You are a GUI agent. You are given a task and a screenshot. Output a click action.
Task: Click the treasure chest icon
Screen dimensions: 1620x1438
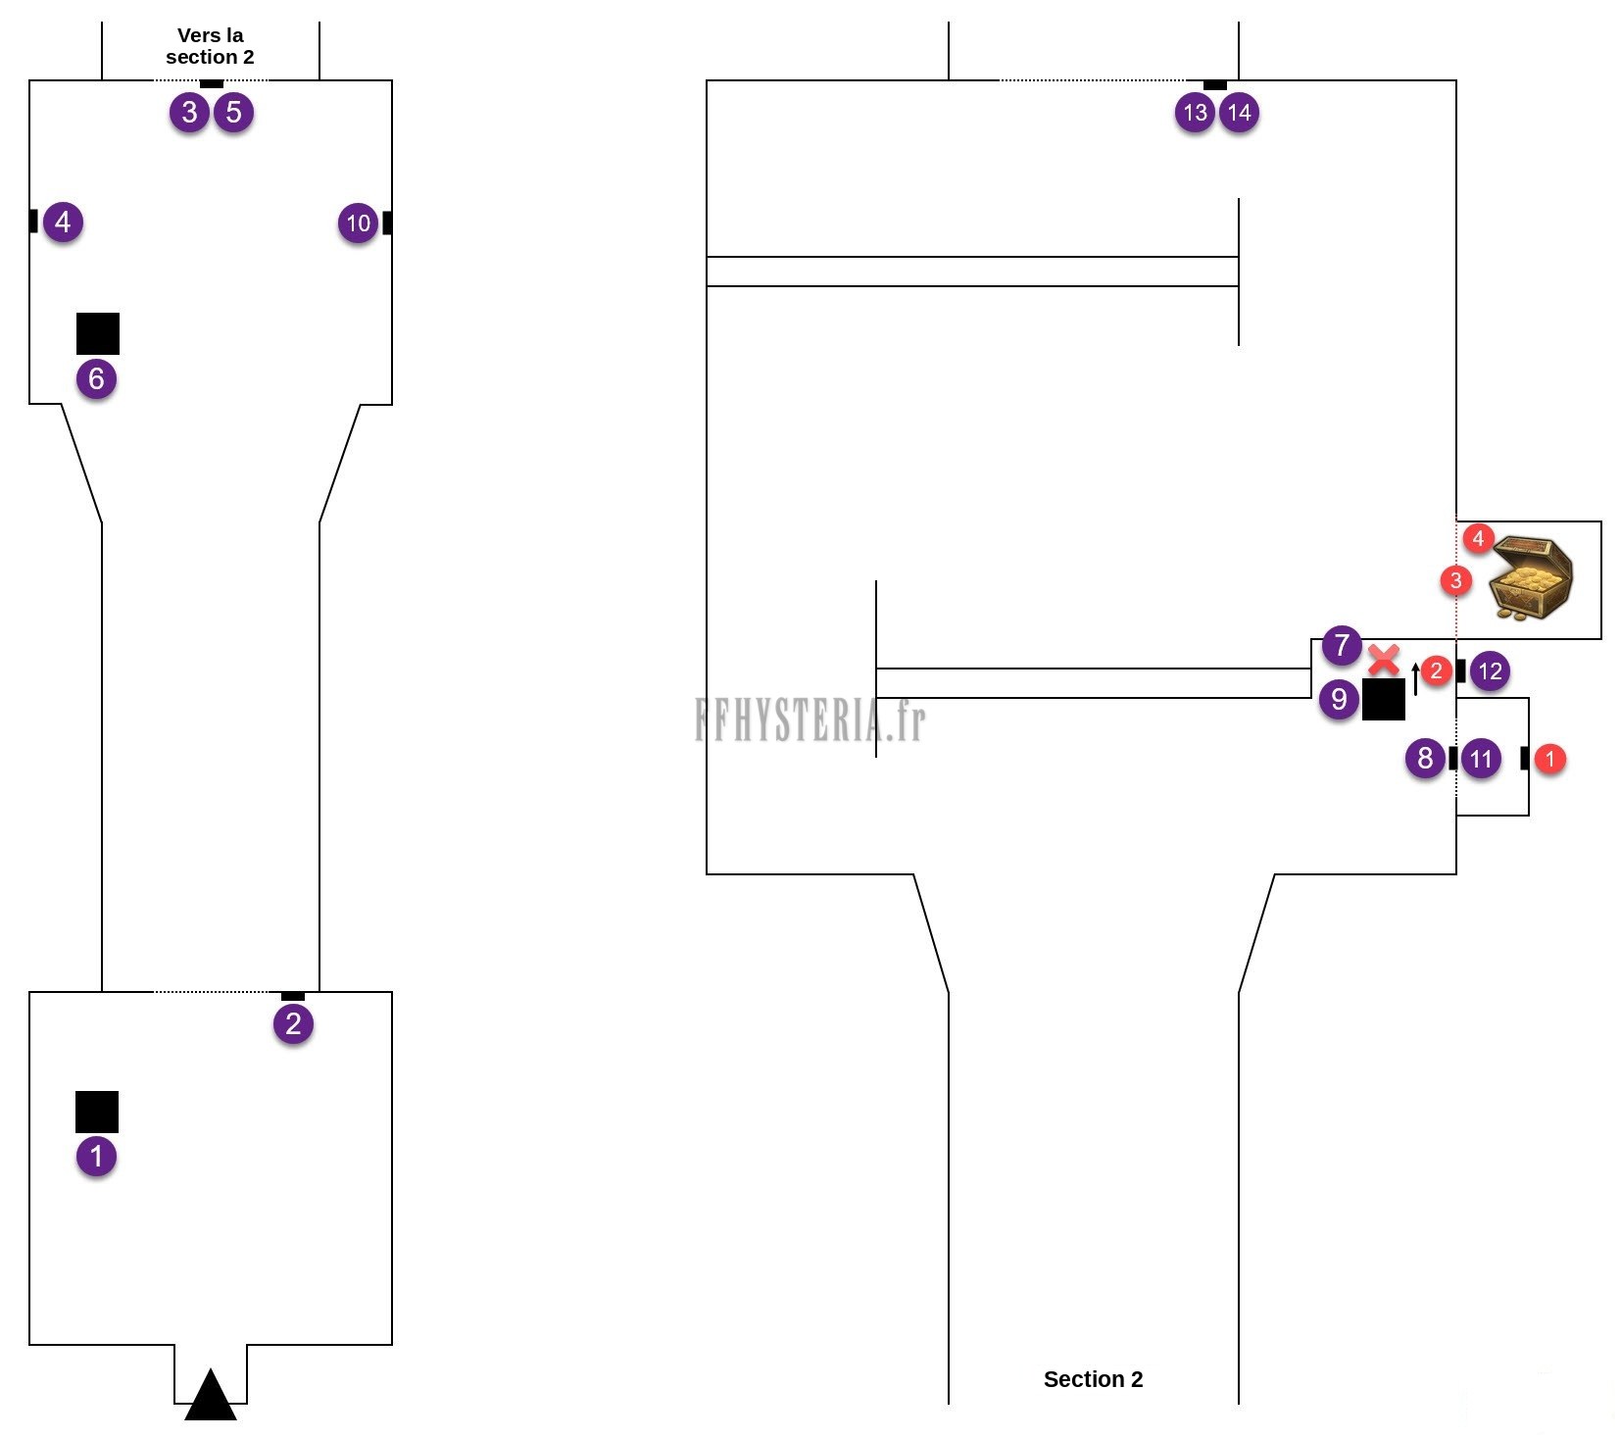tap(1531, 577)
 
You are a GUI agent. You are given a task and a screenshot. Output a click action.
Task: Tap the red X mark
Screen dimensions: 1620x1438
tap(1383, 660)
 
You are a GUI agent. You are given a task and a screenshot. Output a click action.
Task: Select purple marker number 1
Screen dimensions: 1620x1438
tap(96, 1156)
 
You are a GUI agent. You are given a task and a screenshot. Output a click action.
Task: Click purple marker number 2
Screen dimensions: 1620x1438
tap(293, 1024)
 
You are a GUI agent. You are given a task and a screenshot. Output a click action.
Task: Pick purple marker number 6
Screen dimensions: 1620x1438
tap(96, 378)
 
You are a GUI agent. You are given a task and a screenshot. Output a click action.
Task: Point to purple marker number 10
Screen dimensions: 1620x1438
tap(358, 223)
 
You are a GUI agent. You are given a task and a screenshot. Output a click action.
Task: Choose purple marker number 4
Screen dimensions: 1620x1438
tap(63, 223)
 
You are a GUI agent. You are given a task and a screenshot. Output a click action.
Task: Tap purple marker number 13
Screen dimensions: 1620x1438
tap(1195, 113)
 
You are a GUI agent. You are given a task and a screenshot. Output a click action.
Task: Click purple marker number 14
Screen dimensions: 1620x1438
tap(1239, 113)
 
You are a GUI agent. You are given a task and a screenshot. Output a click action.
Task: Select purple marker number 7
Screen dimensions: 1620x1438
tap(1342, 645)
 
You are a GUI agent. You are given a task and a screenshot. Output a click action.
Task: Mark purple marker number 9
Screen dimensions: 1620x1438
tap(1339, 699)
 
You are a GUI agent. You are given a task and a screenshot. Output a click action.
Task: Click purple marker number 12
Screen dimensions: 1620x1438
tap(1490, 671)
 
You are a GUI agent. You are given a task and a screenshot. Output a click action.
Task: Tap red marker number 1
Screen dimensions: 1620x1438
tap(1549, 758)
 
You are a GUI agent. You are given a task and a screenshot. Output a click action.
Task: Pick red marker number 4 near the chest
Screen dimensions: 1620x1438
tap(1478, 537)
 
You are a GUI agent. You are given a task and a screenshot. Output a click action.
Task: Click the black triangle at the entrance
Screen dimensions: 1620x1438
tap(211, 1394)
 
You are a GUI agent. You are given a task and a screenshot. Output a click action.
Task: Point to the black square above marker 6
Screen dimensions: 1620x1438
tap(98, 333)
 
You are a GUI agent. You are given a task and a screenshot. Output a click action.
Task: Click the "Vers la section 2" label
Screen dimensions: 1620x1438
tap(210, 46)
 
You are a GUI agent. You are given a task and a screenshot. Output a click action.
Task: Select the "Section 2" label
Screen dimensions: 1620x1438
tap(1093, 1379)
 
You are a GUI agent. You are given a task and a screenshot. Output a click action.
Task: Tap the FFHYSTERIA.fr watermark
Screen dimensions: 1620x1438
tap(810, 719)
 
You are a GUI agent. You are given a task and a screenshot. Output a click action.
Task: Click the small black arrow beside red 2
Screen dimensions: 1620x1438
tap(1415, 678)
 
